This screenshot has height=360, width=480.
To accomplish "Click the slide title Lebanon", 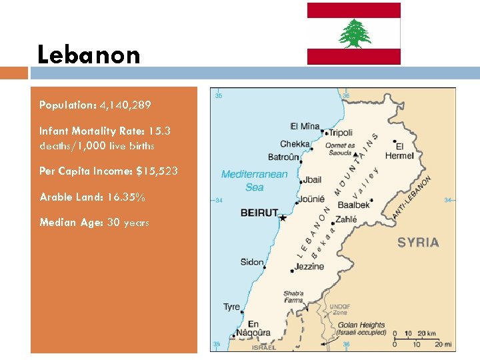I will pyautogui.click(x=89, y=55).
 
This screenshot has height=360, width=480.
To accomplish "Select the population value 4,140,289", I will pyautogui.click(x=125, y=105).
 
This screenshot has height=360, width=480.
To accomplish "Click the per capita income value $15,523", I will pyautogui.click(x=157, y=171).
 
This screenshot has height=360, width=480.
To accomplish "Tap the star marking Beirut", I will pyautogui.click(x=283, y=217).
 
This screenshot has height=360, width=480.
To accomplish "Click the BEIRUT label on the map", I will pyautogui.click(x=259, y=213).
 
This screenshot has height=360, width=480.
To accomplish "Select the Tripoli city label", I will pyautogui.click(x=341, y=133).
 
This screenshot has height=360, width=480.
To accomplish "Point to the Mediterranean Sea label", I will pyautogui.click(x=254, y=181).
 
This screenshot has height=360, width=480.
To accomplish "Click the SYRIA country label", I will pyautogui.click(x=418, y=242).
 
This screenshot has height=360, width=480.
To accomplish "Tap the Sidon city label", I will pyautogui.click(x=252, y=262).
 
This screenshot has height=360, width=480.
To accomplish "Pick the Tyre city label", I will pyautogui.click(x=231, y=307).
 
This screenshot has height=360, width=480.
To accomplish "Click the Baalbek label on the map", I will pyautogui.click(x=353, y=205).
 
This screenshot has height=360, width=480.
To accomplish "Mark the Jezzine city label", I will pyautogui.click(x=309, y=267).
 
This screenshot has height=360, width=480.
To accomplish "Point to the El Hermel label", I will pyautogui.click(x=404, y=151).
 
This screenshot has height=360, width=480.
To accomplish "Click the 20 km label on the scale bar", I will pyautogui.click(x=427, y=333).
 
